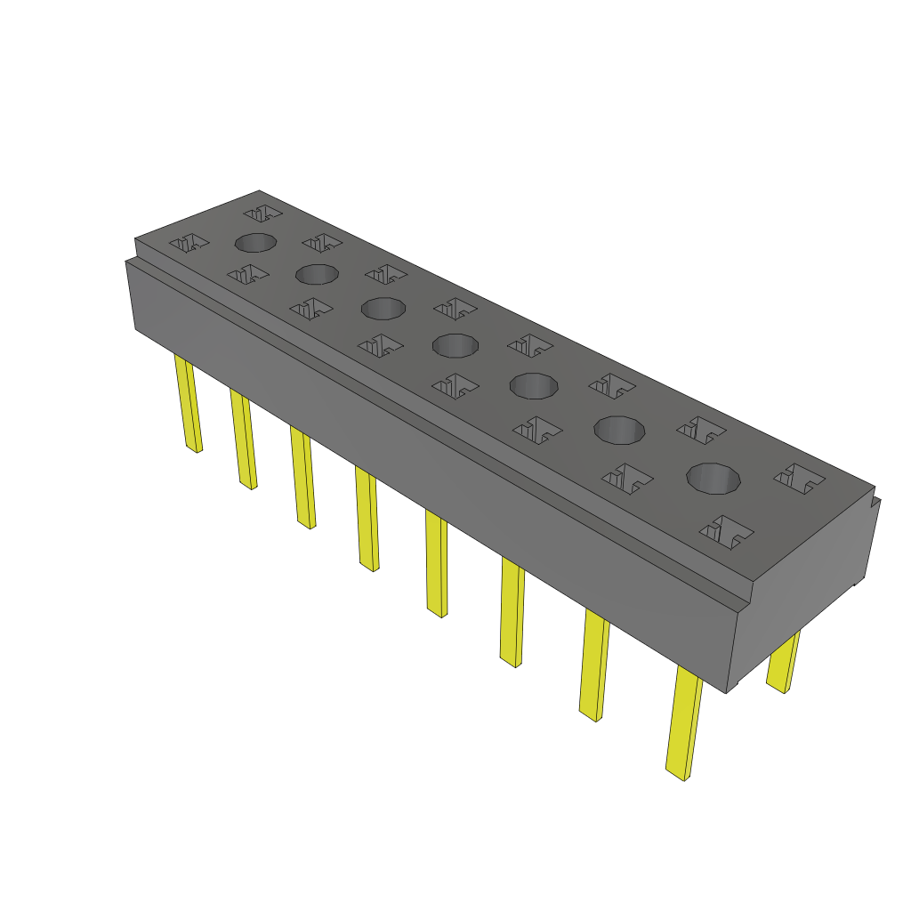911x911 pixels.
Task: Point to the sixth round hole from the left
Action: point(619,431)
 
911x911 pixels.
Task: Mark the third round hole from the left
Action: point(383,309)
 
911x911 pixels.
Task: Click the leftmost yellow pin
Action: point(189,404)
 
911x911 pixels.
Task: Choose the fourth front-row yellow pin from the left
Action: point(367,520)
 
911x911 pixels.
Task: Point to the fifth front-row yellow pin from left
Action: point(437,564)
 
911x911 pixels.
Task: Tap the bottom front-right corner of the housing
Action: point(728,692)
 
